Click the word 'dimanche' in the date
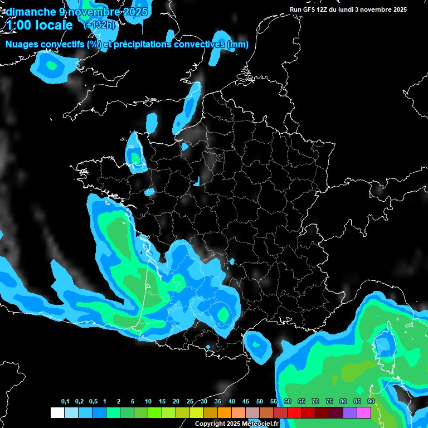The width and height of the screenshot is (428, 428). coord(27,12)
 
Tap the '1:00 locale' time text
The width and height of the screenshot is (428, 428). coord(40,25)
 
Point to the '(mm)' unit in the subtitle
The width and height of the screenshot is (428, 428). coord(237,45)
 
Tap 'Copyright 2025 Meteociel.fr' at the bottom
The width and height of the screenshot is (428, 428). coord(236,424)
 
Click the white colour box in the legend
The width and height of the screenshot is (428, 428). coord(57,413)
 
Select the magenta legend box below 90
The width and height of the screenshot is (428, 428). coord(364,413)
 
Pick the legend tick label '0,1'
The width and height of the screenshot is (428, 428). coord(65,402)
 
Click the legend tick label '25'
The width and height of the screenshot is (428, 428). coord(190,402)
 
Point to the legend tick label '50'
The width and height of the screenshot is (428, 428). coord(260,402)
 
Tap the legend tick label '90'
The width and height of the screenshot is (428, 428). coord(371,402)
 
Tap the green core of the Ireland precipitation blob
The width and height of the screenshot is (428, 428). coord(52,66)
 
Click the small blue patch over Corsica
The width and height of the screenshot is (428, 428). coord(384,344)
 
